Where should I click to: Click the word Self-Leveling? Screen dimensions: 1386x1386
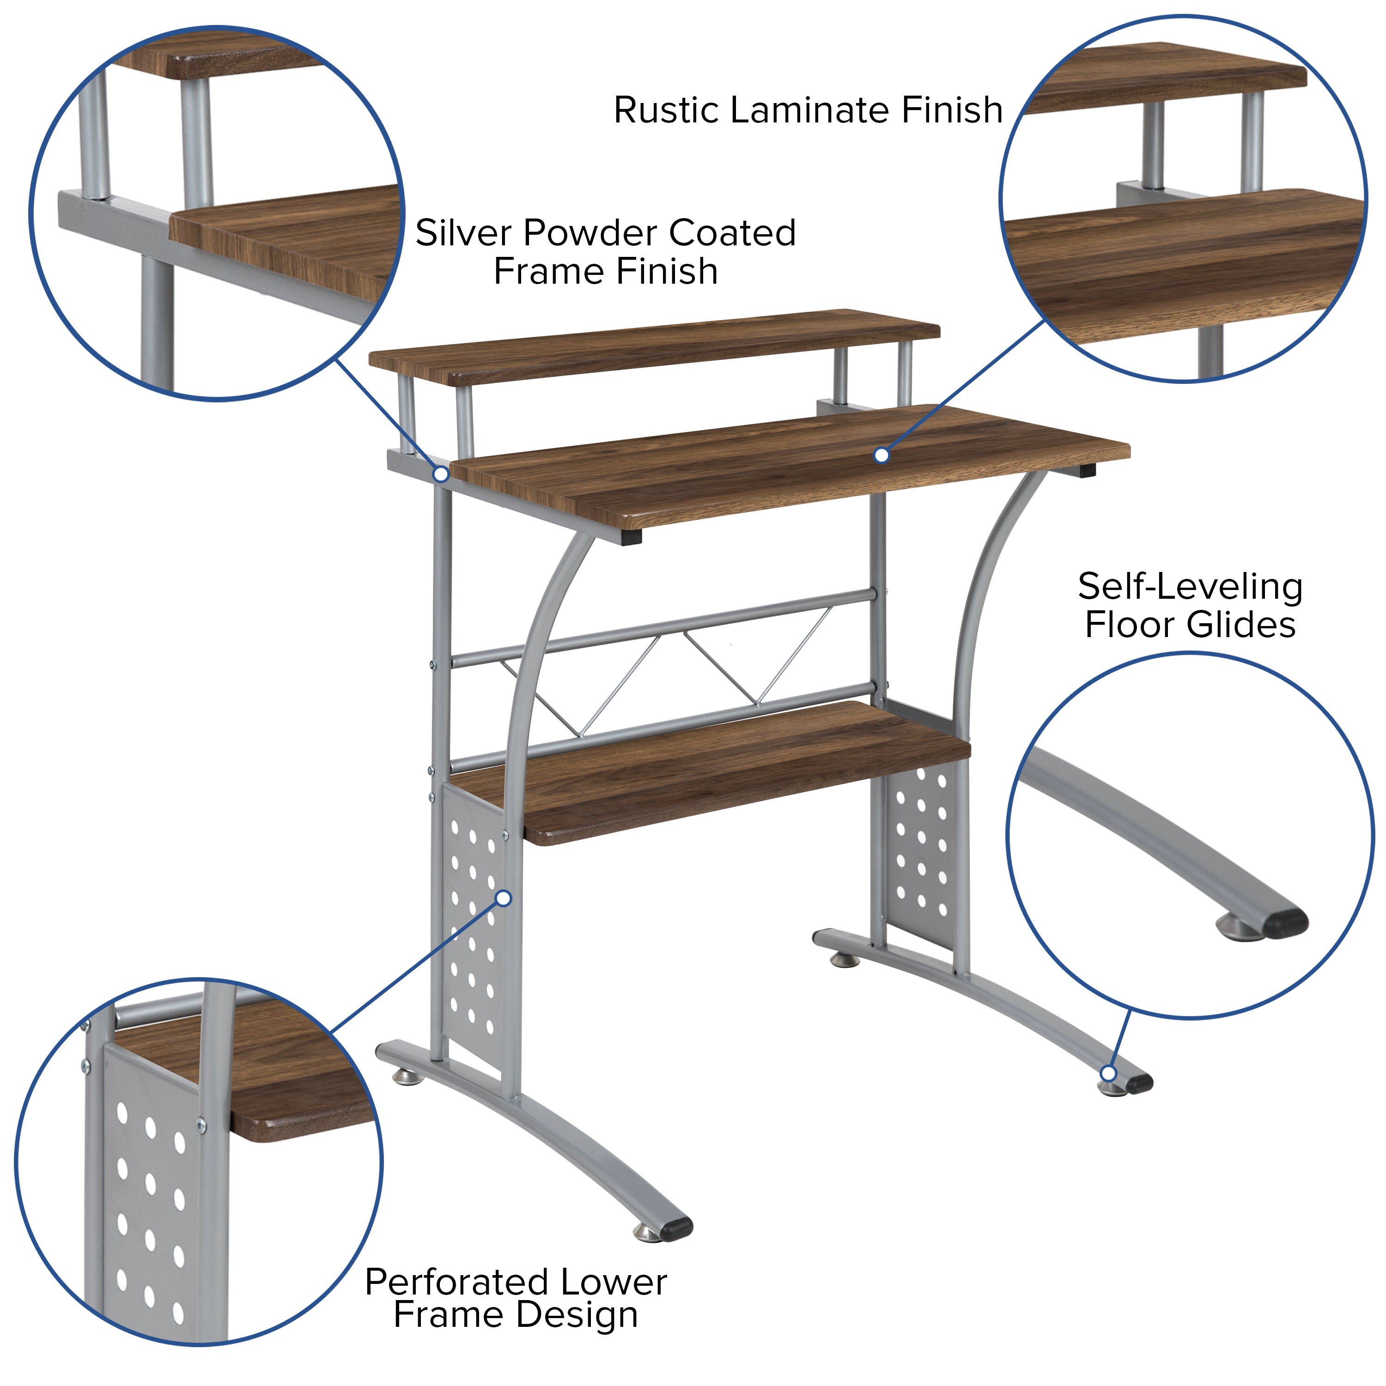point(1190,587)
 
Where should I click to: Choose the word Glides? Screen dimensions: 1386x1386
point(1240,625)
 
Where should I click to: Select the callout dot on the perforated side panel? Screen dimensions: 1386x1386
point(504,898)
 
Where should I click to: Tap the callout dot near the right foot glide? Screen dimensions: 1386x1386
point(1108,1093)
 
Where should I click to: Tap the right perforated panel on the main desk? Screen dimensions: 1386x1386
point(921,850)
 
